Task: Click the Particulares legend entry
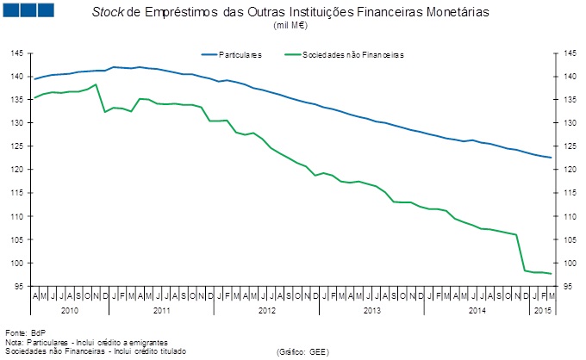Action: pyautogui.click(x=242, y=54)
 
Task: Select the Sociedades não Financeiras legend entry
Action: pyautogui.click(x=353, y=54)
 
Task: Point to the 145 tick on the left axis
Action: pyautogui.click(x=16, y=53)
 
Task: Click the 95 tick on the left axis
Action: pyautogui.click(x=18, y=286)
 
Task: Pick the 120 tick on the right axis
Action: pyautogui.click(x=568, y=170)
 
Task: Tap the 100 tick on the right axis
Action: pyautogui.click(x=568, y=263)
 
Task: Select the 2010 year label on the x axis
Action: pyautogui.click(x=70, y=307)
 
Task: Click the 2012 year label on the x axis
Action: pyautogui.click(x=266, y=307)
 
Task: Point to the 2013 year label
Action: pyautogui.click(x=372, y=307)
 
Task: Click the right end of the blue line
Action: pyautogui.click(x=551, y=158)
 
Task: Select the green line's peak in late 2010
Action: pyautogui.click(x=95, y=84)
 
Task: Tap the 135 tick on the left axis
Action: pyautogui.click(x=16, y=100)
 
